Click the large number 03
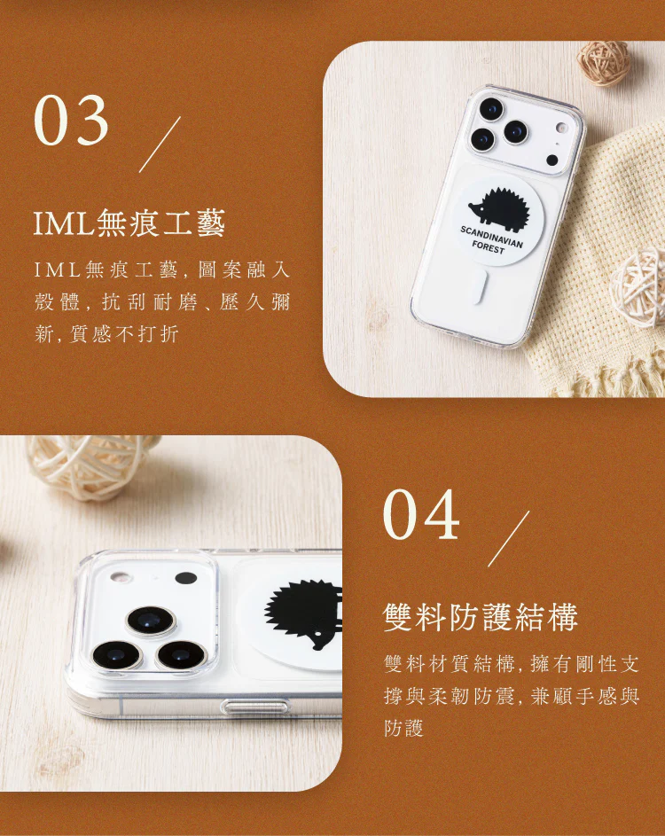[x=72, y=121]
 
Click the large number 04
[x=421, y=515]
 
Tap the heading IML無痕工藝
[x=129, y=223]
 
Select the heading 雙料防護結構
[x=481, y=617]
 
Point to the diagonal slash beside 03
[x=160, y=145]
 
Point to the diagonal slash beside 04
[x=509, y=538]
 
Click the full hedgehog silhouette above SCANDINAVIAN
[x=500, y=206]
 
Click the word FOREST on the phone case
[x=488, y=246]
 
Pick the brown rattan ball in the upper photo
[x=604, y=64]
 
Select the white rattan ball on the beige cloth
[x=638, y=287]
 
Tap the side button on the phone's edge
[x=254, y=707]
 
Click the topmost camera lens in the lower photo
[x=151, y=621]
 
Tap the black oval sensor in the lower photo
[x=186, y=578]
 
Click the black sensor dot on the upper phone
[x=552, y=160]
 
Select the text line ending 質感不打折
[x=106, y=334]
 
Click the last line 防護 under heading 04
[x=403, y=728]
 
